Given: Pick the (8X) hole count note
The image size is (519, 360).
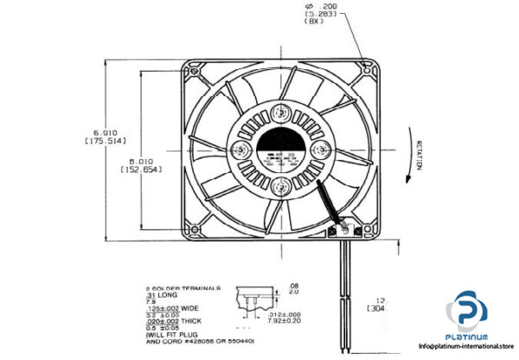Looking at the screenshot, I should (314, 24).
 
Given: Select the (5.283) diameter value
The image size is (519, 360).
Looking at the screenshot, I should (316, 15).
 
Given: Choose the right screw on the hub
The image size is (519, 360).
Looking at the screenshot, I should (319, 149).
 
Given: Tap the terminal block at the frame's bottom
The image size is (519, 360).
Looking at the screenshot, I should (344, 228).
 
